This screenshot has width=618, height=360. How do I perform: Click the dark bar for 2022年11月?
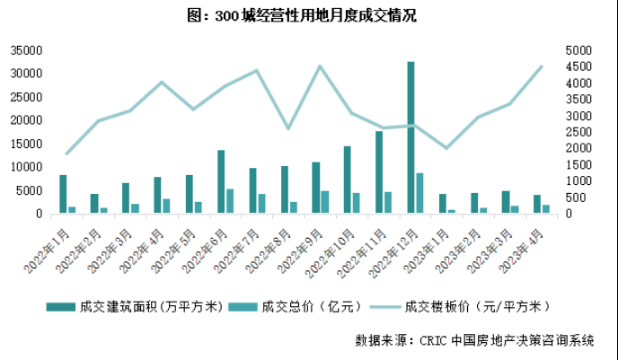tap(379, 172)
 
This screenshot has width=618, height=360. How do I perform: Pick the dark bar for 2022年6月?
tap(221, 181)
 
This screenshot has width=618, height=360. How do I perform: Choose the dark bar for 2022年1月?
tap(63, 194)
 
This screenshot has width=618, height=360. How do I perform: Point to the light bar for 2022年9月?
tap(324, 202)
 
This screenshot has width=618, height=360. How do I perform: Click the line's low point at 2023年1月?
tap(446, 148)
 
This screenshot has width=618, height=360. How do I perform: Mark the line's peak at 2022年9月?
tap(320, 66)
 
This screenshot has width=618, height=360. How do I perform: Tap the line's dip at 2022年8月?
tap(288, 128)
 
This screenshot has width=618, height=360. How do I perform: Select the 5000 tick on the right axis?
tap(578, 50)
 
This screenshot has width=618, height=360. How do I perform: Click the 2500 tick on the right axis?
tap(578, 132)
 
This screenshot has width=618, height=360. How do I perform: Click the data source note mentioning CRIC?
tap(474, 340)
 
